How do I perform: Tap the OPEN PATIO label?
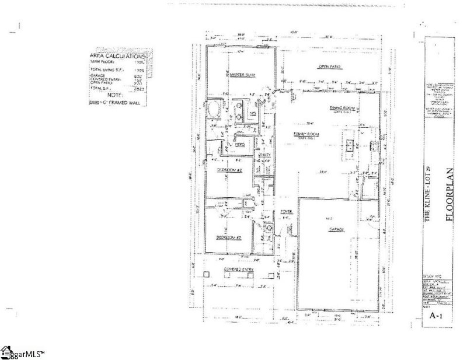coord(329,67)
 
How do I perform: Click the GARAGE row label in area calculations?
coord(97,76)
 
